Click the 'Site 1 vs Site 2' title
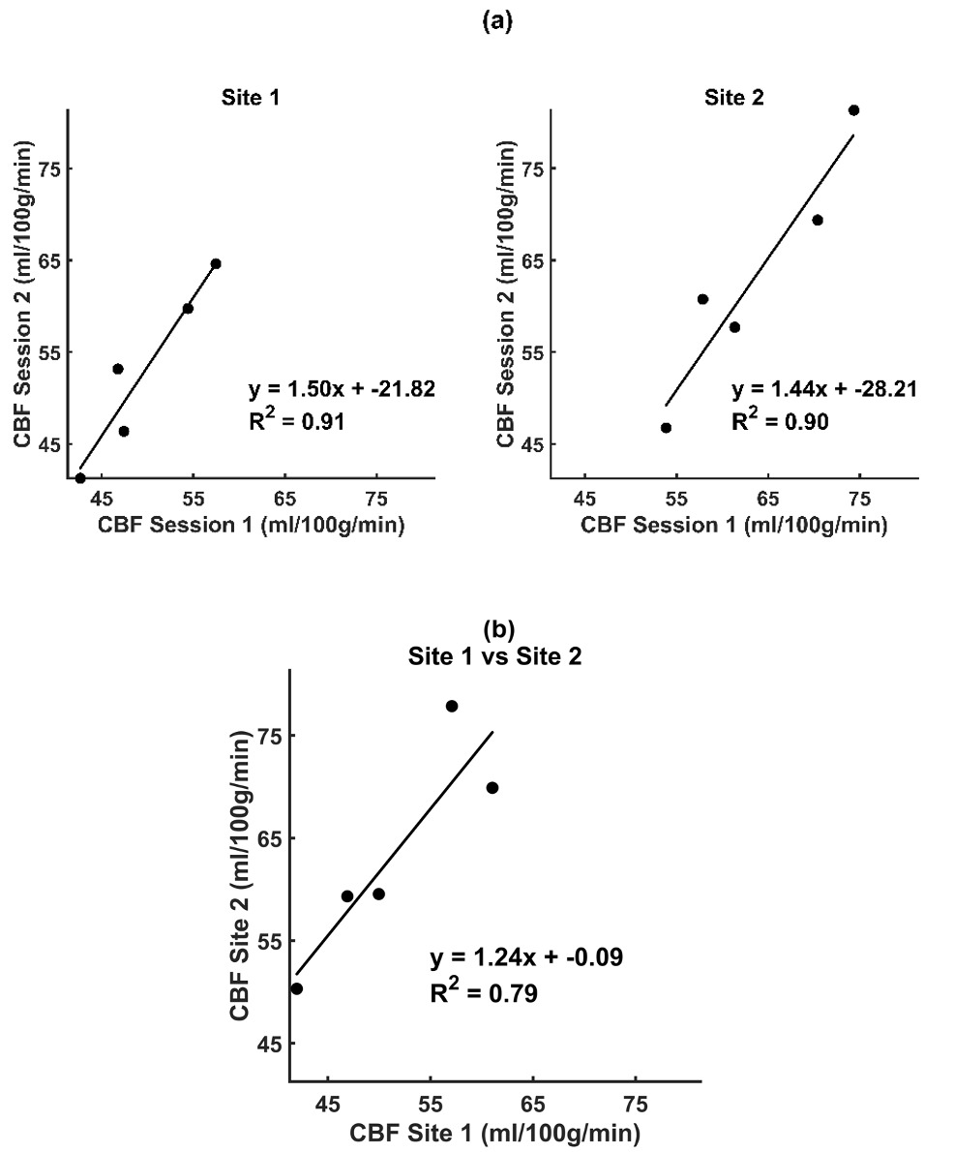pyautogui.click(x=496, y=655)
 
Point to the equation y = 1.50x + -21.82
pyautogui.click(x=342, y=389)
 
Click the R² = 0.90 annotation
pyautogui.click(x=782, y=421)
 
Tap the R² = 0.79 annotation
pyautogui.click(x=484, y=992)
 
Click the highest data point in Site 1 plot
pyautogui.click(x=216, y=263)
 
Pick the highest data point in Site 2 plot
pyautogui.click(x=853, y=110)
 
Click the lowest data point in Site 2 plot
pyautogui.click(x=666, y=428)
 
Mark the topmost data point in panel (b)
pyautogui.click(x=452, y=706)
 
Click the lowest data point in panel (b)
pyautogui.click(x=297, y=988)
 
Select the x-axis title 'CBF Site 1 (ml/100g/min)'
pyautogui.click(x=494, y=1132)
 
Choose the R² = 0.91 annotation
pyautogui.click(x=298, y=421)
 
